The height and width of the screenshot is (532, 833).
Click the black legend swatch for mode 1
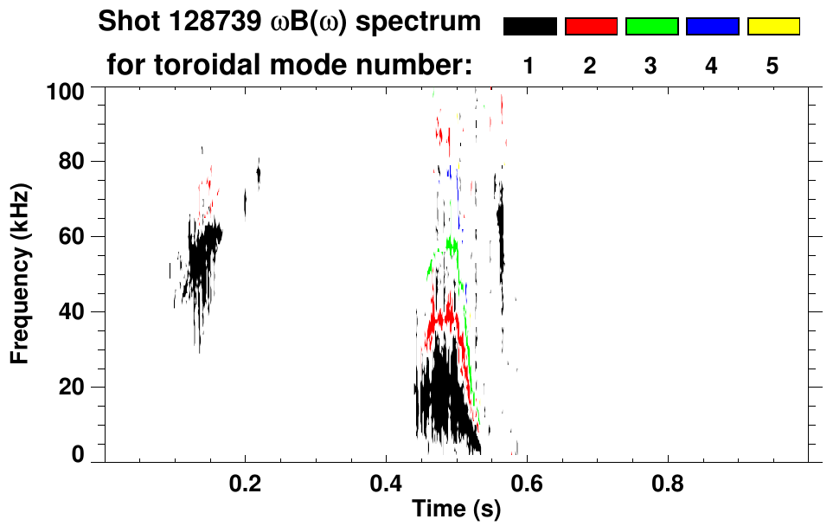coord(529,27)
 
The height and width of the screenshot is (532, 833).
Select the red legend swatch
coord(591,27)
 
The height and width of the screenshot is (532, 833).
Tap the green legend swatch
coord(651,27)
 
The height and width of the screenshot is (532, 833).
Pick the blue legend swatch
coord(712,27)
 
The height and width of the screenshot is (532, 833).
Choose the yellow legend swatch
coord(773,27)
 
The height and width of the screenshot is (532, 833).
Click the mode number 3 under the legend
coord(651,66)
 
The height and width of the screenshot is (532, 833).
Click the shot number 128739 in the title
coord(191,22)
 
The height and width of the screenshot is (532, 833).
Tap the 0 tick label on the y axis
coord(80,454)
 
